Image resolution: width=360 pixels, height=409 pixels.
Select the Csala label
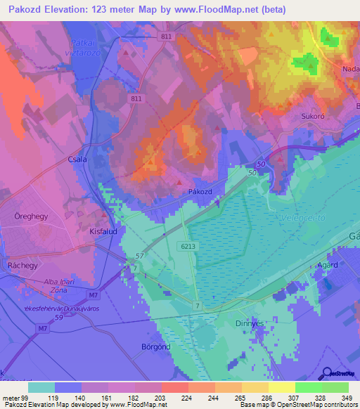[x=77, y=160]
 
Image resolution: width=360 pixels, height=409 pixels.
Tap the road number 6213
[x=187, y=247]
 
